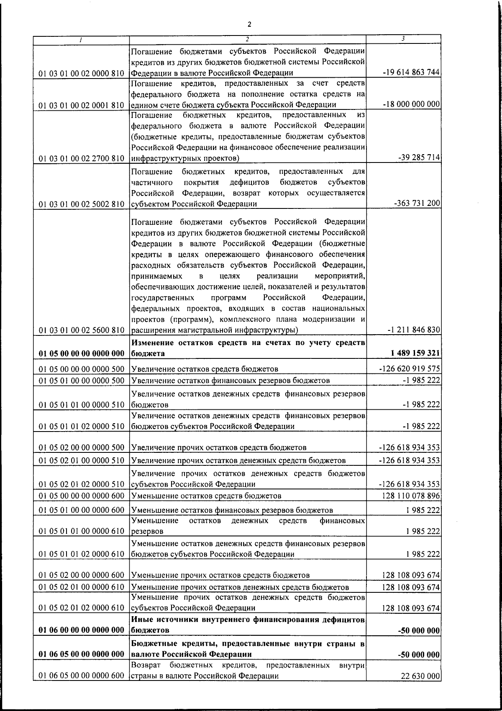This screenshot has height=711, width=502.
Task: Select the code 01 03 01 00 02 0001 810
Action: click(82, 105)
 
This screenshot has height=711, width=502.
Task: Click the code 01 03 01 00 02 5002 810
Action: click(82, 204)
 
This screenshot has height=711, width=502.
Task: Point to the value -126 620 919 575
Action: click(409, 369)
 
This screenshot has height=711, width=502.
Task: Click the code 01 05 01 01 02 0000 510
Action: click(82, 427)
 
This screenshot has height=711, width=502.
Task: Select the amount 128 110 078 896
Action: click(411, 496)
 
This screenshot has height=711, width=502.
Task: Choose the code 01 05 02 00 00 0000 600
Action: click(82, 575)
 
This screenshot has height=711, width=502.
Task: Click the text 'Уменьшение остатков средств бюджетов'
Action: click(206, 496)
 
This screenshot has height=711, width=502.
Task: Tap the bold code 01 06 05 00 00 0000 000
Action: click(82, 653)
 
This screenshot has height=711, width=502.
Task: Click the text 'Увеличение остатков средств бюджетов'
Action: click(205, 369)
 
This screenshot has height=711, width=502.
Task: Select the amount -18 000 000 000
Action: click(411, 104)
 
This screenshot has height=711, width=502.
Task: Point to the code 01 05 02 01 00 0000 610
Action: click(82, 587)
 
